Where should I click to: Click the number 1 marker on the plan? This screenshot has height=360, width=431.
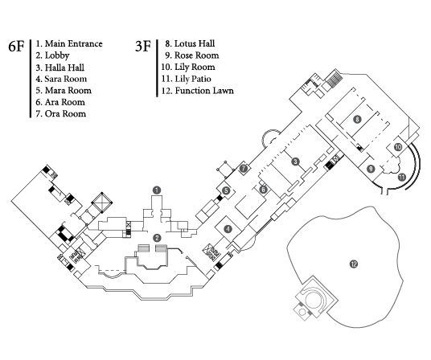(x=157, y=190)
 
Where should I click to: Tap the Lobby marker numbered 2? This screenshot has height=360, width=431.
(x=157, y=238)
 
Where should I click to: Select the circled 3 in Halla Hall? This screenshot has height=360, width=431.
(x=295, y=162)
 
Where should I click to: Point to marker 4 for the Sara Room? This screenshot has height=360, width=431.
(x=228, y=229)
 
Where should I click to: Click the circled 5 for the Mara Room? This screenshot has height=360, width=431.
(x=226, y=190)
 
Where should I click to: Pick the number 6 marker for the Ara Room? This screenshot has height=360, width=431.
(x=263, y=189)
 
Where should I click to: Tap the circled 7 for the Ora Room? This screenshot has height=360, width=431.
(x=244, y=168)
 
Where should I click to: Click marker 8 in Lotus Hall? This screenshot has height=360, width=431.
(x=357, y=119)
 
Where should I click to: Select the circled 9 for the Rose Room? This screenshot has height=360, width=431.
(x=371, y=169)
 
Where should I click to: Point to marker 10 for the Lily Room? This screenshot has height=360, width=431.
(x=398, y=147)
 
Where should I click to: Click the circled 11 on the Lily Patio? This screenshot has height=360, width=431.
(x=402, y=177)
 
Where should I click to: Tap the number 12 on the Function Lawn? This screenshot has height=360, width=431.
(x=354, y=264)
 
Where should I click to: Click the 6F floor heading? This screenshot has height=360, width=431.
(x=16, y=46)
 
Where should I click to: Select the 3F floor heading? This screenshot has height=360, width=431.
(x=143, y=46)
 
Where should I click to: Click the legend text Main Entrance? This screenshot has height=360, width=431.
(x=74, y=43)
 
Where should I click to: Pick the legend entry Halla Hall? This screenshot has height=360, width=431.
(x=64, y=67)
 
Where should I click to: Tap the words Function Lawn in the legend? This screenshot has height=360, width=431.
(x=204, y=91)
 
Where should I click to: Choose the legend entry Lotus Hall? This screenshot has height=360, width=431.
(x=195, y=43)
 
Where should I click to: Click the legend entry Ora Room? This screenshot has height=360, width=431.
(x=65, y=113)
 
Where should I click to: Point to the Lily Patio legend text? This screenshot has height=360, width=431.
(x=193, y=79)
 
